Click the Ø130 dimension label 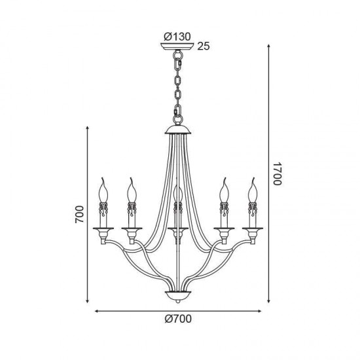click(177, 37)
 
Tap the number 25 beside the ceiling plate click(204, 46)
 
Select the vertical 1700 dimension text click(277, 174)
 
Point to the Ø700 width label click(178, 319)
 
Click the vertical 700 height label click(79, 214)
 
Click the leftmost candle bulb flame click(103, 190)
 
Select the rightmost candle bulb click(253, 190)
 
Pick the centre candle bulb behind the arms click(177, 193)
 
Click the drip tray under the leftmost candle click(103, 228)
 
